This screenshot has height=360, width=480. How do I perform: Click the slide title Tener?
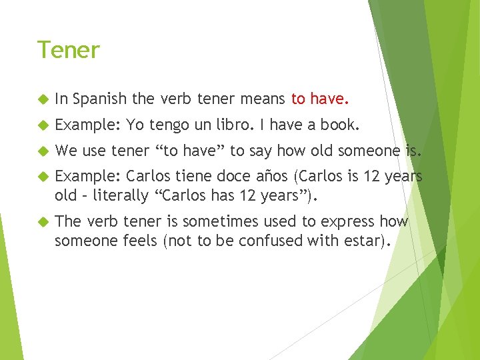coord(68,50)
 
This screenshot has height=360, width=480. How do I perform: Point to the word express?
coord(345,221)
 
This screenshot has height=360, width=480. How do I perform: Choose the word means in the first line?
coord(260,99)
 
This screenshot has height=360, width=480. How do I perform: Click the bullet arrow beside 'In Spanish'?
coord(43,100)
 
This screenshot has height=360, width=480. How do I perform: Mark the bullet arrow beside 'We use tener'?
coord(43,151)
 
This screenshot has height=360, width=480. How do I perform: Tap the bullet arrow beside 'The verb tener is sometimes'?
coord(43,222)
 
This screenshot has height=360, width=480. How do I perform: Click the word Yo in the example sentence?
coord(135,125)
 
